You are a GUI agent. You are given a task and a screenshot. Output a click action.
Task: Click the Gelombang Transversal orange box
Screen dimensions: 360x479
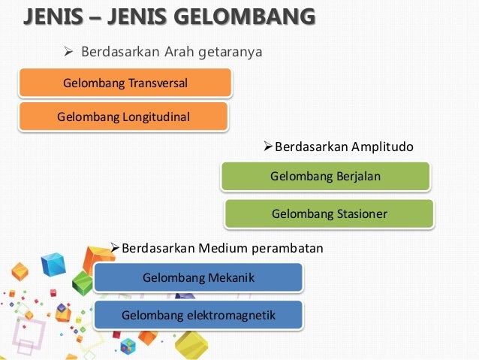tap(124, 83)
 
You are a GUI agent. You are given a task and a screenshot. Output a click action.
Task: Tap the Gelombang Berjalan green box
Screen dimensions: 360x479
tap(326, 177)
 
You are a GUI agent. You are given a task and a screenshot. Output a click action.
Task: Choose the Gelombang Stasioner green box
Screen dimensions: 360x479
tap(329, 214)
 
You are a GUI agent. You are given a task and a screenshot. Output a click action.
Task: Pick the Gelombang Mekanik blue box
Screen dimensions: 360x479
tap(198, 278)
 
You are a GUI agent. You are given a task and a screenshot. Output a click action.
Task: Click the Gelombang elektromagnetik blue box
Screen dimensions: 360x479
tap(198, 315)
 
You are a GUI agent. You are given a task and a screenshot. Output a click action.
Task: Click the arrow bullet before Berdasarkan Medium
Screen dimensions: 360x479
tap(115, 248)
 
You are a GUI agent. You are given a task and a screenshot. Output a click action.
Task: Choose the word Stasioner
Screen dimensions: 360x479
tap(360, 214)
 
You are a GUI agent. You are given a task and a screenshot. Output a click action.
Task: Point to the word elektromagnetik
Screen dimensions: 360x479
tap(229, 315)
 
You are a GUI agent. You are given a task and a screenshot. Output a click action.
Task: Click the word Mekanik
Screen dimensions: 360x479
tap(229, 278)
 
